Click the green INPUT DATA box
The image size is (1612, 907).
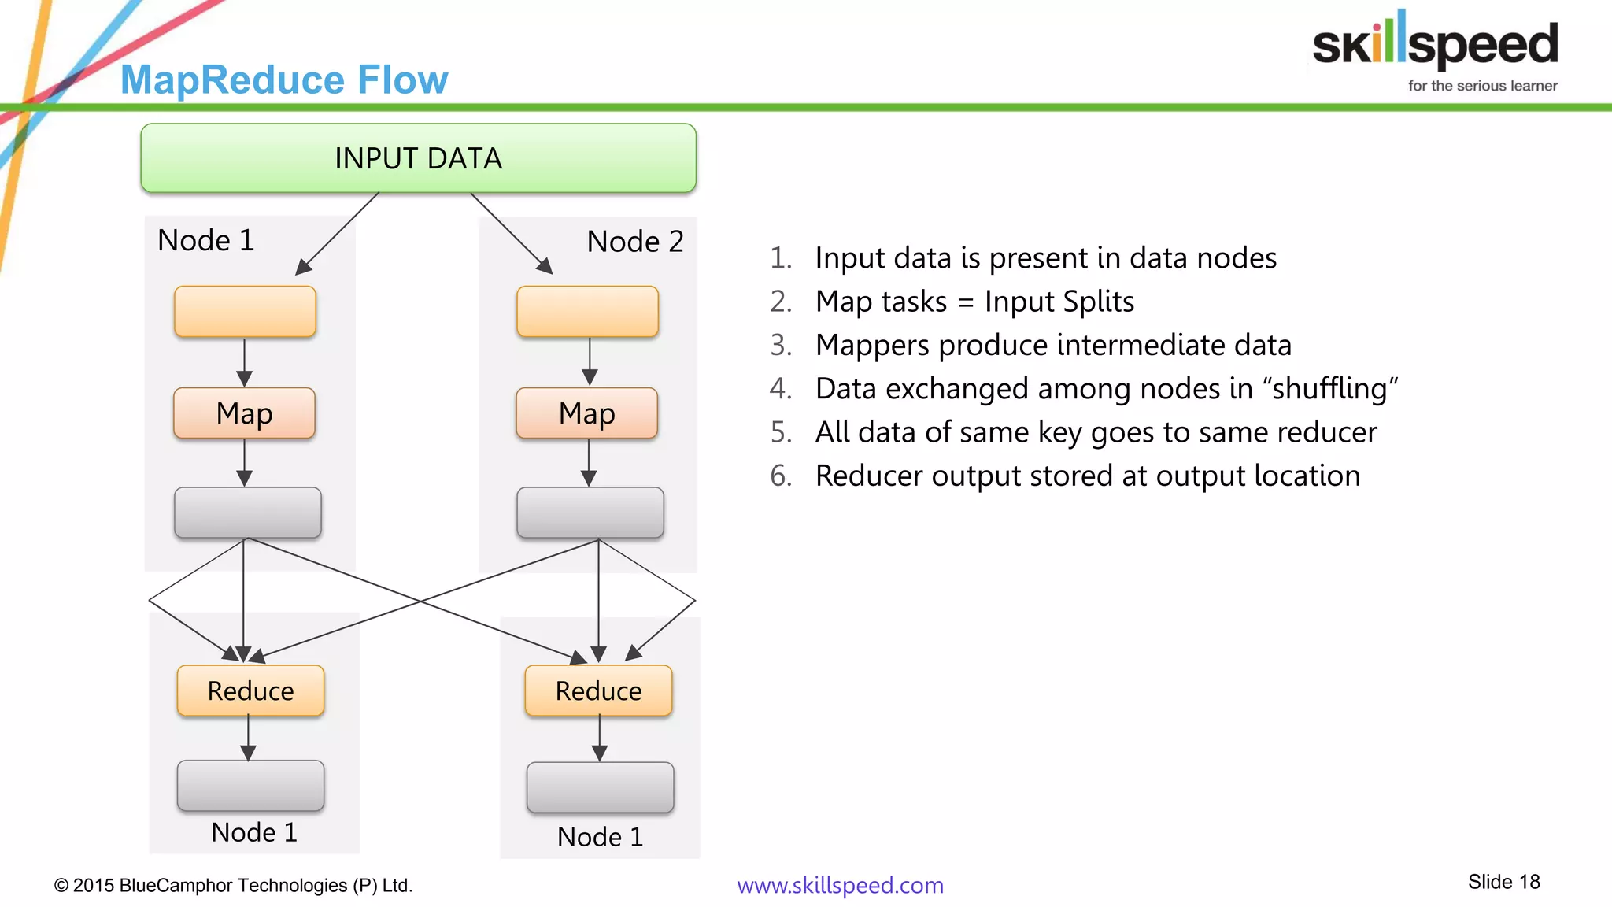(418, 158)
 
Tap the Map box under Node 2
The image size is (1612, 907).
(586, 413)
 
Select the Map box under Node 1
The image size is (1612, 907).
(244, 413)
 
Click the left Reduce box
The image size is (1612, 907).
(250, 690)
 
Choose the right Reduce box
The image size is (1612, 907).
(598, 690)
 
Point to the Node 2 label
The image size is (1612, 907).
(635, 241)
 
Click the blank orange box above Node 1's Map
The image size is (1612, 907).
(245, 312)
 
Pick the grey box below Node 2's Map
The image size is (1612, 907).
(590, 513)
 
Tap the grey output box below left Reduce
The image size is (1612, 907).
(250, 786)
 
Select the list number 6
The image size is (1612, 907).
(780, 476)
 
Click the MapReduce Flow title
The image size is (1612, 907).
(284, 80)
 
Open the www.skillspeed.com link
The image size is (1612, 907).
(840, 885)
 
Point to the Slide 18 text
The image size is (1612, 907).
(1503, 882)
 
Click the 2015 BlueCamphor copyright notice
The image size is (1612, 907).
(233, 885)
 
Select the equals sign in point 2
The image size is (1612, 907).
(966, 302)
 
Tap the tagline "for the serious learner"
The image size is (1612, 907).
(1482, 86)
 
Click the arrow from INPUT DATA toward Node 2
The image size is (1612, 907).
(511, 232)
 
